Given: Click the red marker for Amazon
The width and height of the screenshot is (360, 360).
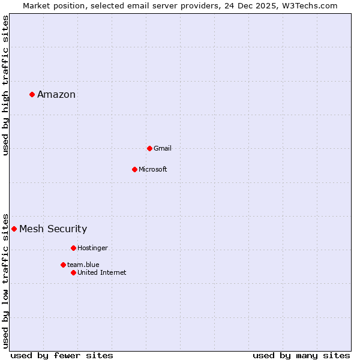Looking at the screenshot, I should click(x=32, y=94).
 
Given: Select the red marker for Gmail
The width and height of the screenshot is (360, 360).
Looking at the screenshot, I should click(x=149, y=148).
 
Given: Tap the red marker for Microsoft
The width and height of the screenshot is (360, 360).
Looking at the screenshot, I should click(x=134, y=169).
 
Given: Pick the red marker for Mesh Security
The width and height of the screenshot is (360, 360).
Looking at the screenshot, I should click(x=14, y=229).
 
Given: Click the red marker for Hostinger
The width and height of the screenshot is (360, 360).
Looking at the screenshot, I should click(x=73, y=248).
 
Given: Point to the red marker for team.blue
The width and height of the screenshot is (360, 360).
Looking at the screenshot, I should click(x=63, y=265).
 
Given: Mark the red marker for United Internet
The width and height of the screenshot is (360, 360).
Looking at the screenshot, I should click(x=73, y=272).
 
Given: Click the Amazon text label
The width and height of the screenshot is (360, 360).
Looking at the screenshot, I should click(x=56, y=94).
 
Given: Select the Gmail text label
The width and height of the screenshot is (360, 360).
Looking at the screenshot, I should click(x=163, y=148).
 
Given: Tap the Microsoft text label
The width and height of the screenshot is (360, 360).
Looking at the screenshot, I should click(x=153, y=169).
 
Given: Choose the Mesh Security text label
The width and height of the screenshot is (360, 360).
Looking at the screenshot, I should click(x=53, y=229).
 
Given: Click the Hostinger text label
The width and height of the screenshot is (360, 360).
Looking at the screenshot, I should click(x=93, y=248).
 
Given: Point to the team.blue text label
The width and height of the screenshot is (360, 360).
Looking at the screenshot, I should click(x=83, y=265).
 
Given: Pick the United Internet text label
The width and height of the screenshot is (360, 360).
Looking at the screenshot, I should click(x=102, y=272).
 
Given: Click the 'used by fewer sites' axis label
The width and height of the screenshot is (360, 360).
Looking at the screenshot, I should click(x=62, y=355).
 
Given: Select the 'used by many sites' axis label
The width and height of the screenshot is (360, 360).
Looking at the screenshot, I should click(x=301, y=355).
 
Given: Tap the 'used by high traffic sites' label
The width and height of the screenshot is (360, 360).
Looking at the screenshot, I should click(x=5, y=85).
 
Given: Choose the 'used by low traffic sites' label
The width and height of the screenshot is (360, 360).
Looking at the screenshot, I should click(x=5, y=280).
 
